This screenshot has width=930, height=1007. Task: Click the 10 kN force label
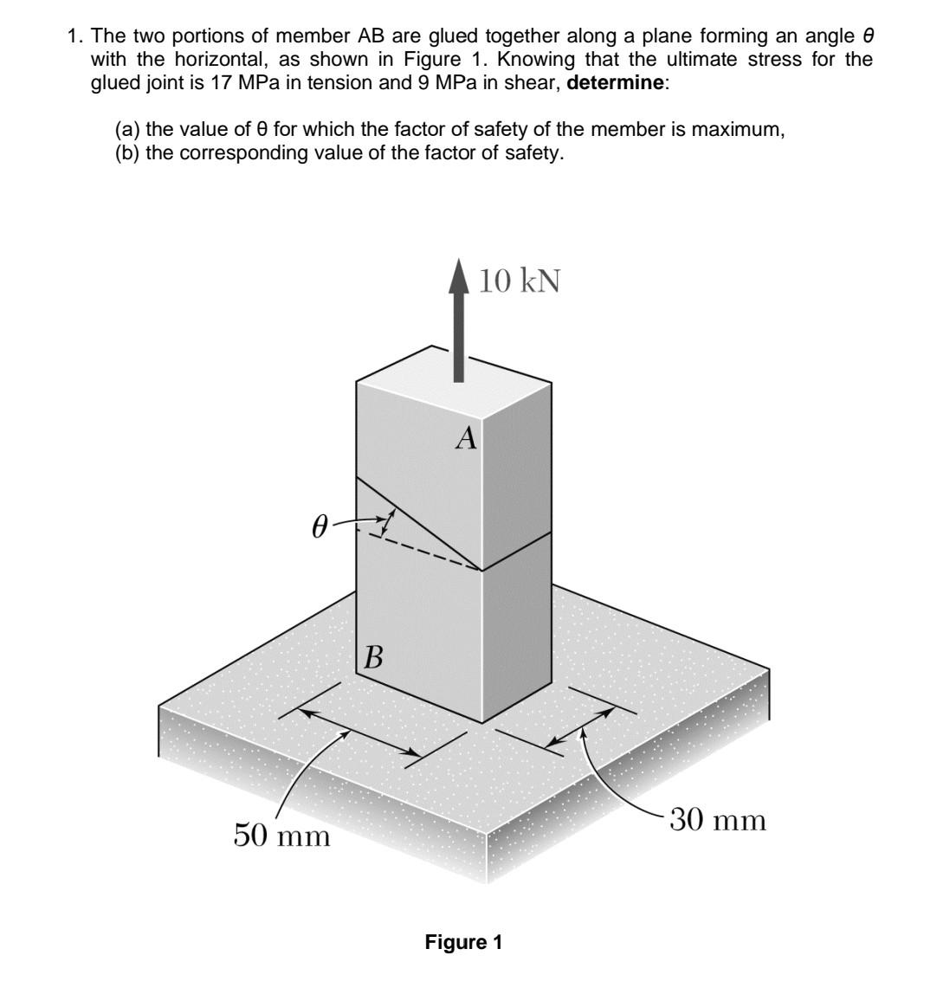520,281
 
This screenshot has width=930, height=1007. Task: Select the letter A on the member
467,439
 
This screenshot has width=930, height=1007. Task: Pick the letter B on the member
373,658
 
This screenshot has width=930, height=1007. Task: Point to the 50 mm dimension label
282,836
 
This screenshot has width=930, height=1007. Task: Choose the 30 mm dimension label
718,819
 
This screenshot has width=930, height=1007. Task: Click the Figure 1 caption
463,942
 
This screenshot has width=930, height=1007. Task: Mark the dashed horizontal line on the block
425,552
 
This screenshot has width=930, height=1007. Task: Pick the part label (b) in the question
127,153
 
